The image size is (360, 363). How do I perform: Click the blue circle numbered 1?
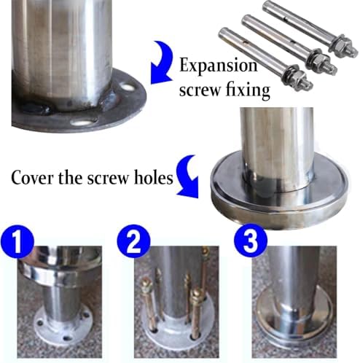[x=17, y=241]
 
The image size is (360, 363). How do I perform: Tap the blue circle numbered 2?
[x=133, y=241]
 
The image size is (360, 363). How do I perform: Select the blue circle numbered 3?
[x=251, y=241]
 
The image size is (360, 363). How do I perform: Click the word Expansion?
[x=218, y=66]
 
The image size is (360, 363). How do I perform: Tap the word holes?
[x=154, y=177]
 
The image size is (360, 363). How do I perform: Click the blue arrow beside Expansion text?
[x=162, y=63]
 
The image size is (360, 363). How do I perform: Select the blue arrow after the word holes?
[x=187, y=176]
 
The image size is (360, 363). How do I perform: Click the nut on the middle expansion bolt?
[x=320, y=60]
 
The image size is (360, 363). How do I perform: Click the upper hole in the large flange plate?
[x=128, y=86]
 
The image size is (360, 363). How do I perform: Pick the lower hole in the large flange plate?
[x=84, y=122]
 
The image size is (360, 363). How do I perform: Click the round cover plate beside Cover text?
[x=279, y=190]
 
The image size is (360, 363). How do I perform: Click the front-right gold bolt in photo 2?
[x=197, y=313]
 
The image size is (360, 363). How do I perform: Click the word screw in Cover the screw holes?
[x=108, y=179]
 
